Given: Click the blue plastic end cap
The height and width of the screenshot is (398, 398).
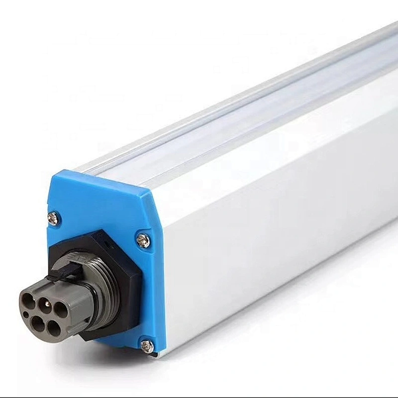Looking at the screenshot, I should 99,199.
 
